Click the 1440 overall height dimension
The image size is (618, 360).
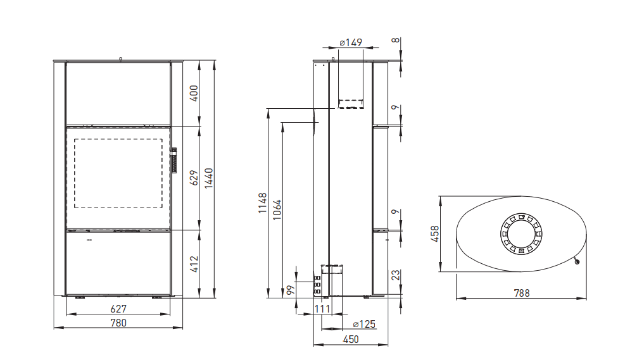click(209, 178)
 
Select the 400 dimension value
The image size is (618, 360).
click(194, 94)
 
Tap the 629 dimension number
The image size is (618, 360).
click(194, 178)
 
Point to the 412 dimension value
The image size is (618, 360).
click(194, 264)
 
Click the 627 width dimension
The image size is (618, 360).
click(118, 309)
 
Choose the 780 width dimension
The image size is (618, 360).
click(118, 323)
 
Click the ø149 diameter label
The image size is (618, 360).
click(351, 42)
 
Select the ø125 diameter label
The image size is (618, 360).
click(364, 324)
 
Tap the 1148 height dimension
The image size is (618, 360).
click(263, 203)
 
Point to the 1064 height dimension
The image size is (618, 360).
click(277, 210)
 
